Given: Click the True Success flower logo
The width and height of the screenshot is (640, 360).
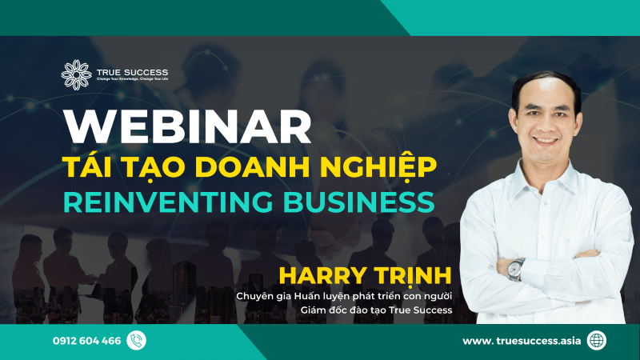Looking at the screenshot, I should (76, 74).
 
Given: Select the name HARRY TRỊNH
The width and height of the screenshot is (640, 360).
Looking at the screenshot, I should (365, 276).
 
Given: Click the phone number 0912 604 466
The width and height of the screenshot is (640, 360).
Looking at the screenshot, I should (87, 341).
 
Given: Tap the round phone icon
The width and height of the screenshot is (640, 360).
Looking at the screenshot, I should (136, 341).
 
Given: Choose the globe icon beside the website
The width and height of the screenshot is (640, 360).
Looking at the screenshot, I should (596, 341).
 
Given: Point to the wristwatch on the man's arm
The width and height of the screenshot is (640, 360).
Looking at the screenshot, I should (516, 268).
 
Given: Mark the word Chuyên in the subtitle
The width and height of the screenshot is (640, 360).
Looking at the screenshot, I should (255, 296).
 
